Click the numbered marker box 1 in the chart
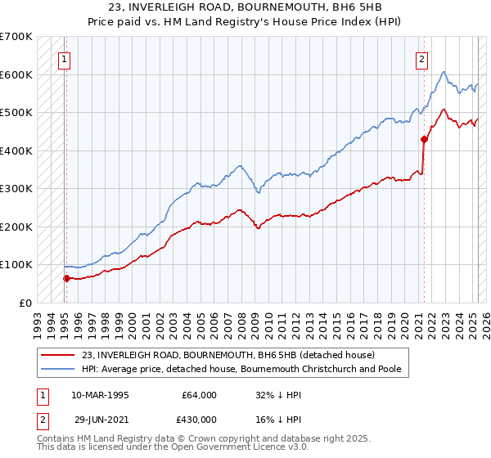pos(63,58)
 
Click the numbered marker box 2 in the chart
pos(421,58)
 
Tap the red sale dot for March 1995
pos(66,278)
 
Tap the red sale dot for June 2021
pos(424,139)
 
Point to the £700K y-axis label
pos(16,37)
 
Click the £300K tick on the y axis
pos(16,189)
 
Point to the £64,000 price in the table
pos(200,395)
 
